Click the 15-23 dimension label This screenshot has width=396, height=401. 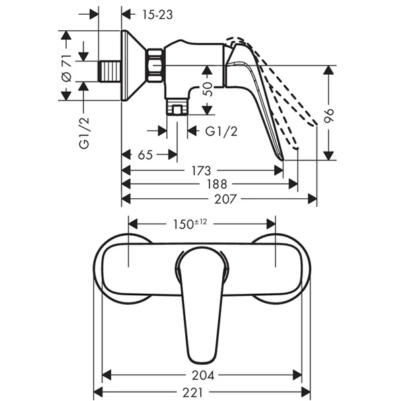click(158, 15)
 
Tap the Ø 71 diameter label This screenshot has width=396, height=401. click(67, 68)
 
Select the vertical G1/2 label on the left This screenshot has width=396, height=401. click(84, 133)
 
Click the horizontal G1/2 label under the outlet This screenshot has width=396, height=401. click(222, 131)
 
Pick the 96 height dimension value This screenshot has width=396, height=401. click(329, 116)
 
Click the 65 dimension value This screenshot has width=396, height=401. click(145, 155)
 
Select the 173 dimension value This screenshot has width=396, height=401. click(201, 171)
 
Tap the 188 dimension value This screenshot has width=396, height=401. click(217, 184)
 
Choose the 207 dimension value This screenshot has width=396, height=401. click(226, 199)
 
